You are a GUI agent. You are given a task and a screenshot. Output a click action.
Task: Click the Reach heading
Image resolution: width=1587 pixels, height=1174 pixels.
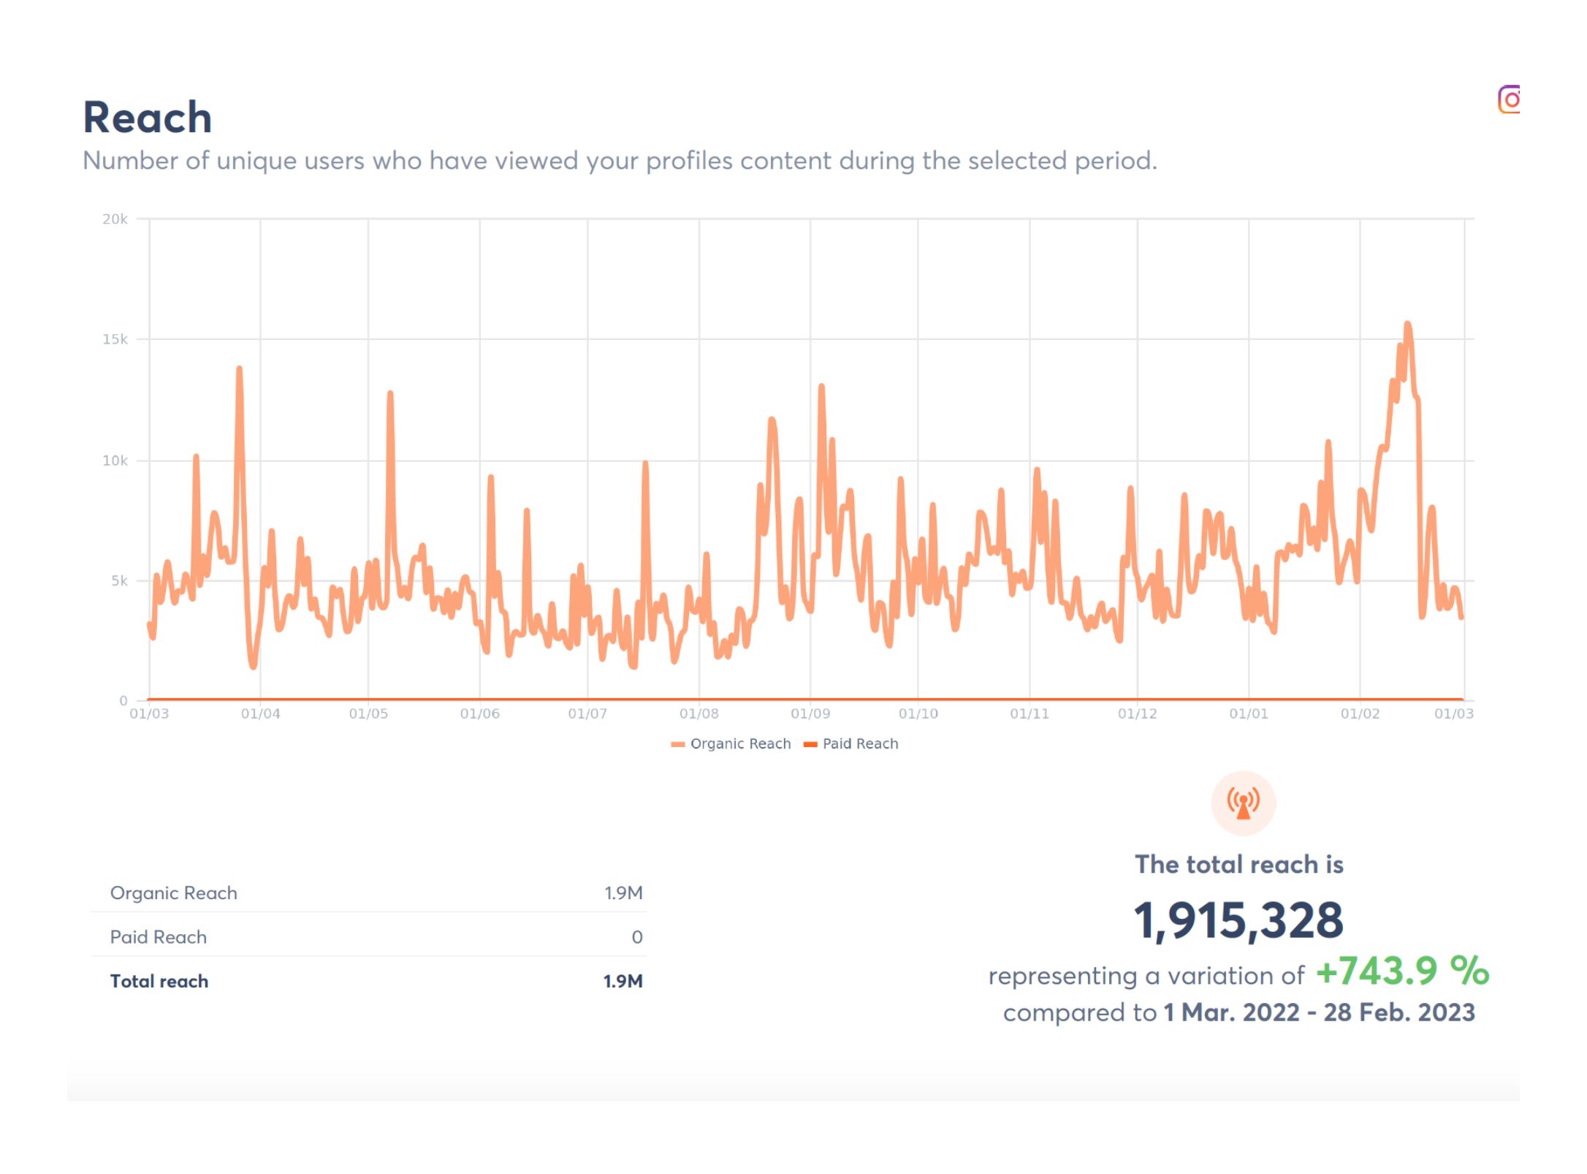click(147, 118)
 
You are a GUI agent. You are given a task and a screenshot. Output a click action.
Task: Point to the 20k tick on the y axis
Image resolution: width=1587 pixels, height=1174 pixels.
click(115, 219)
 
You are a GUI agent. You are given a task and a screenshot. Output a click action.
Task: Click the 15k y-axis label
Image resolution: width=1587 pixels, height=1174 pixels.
click(115, 339)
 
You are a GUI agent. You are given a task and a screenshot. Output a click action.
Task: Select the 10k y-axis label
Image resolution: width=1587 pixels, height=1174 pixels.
click(115, 461)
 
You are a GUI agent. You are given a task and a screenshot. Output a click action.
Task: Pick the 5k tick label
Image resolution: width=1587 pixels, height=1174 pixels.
click(119, 581)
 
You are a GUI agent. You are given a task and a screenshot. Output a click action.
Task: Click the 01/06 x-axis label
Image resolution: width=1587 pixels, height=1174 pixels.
click(479, 713)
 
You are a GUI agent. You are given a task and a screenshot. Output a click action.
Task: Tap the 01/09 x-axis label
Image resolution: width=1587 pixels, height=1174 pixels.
click(810, 713)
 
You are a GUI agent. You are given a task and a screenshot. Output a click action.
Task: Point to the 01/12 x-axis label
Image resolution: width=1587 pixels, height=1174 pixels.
click(1137, 713)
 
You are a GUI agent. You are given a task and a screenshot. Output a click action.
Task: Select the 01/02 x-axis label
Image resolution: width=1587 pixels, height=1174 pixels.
click(1360, 713)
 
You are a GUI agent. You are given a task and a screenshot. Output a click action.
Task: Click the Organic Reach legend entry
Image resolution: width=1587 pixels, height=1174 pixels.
click(731, 744)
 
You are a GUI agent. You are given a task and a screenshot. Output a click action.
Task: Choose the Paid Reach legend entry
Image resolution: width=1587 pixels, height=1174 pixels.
click(851, 744)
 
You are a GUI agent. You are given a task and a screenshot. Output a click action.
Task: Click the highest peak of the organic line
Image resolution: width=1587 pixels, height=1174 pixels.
click(1407, 325)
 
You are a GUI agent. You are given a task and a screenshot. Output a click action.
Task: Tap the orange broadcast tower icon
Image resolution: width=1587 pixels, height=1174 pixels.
click(1243, 803)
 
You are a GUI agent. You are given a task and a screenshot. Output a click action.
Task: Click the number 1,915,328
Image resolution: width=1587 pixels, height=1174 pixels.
click(1238, 920)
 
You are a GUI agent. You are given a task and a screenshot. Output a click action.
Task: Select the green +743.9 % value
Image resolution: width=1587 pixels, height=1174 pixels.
click(1402, 972)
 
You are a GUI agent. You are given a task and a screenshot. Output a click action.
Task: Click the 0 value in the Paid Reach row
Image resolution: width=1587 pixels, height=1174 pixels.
click(636, 937)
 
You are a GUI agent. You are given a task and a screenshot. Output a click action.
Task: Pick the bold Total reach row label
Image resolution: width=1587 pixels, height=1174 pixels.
click(159, 982)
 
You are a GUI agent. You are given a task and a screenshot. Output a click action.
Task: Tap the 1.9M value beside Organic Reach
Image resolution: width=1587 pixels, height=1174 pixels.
click(623, 893)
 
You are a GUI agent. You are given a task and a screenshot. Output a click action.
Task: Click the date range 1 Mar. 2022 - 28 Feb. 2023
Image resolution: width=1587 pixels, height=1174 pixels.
click(1319, 1013)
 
